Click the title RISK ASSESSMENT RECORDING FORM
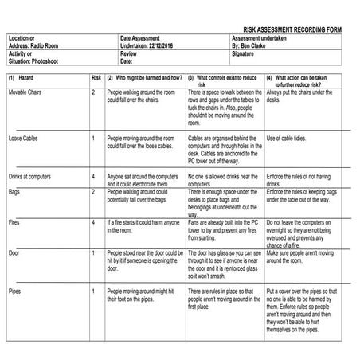click(x=292, y=29)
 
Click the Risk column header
click(x=96, y=78)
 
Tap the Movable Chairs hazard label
click(x=28, y=93)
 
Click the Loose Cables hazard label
click(x=23, y=139)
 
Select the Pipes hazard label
click(x=14, y=291)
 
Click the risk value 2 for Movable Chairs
click(x=93, y=93)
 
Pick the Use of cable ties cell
click(x=288, y=139)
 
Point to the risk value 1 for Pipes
click(x=93, y=291)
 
